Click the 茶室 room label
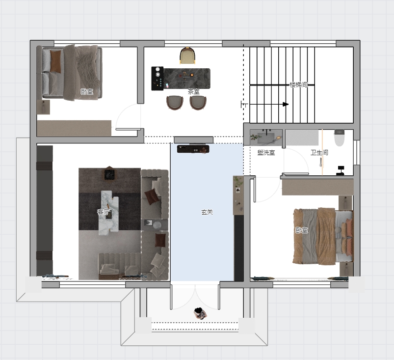tap(193, 92)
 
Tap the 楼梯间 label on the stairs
tap(298, 84)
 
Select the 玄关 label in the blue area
tap(207, 212)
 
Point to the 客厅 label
tap(103, 212)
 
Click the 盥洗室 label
tap(266, 152)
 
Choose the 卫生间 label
tap(319, 152)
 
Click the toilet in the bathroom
tap(339, 138)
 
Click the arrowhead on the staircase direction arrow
tap(286, 104)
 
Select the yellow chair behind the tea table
tap(187, 55)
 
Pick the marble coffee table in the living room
tap(109, 213)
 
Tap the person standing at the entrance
tap(200, 313)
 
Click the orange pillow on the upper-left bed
tap(55, 61)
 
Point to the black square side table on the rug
tap(109, 174)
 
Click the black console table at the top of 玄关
tap(193, 149)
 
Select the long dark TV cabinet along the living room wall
tap(45, 210)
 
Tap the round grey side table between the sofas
tap(158, 224)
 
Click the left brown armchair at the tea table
tap(175, 102)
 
